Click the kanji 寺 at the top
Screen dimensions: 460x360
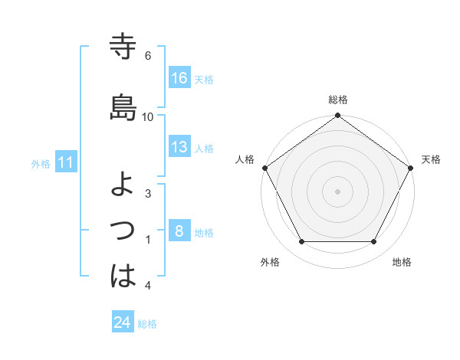[x=123, y=47]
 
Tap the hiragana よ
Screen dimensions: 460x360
[x=123, y=184]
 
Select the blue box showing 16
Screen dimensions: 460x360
[x=179, y=78]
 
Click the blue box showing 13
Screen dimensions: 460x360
[x=179, y=148]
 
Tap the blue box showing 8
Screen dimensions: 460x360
[x=179, y=231]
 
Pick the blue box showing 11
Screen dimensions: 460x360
[x=66, y=162]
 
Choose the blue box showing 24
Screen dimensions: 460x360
[x=123, y=322]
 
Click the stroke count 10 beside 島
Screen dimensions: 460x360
[x=148, y=117]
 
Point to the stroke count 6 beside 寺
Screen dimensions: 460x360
[x=148, y=56]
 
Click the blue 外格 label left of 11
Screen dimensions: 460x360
[x=41, y=163]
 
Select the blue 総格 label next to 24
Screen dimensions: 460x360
[x=147, y=324]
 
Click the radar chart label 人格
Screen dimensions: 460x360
[x=245, y=159]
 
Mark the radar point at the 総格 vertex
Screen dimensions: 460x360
[x=338, y=116]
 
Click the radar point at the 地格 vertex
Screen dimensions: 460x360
[x=374, y=242]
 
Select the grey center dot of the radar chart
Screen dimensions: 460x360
[x=338, y=191]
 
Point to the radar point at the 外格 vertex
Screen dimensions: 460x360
[x=301, y=242]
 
